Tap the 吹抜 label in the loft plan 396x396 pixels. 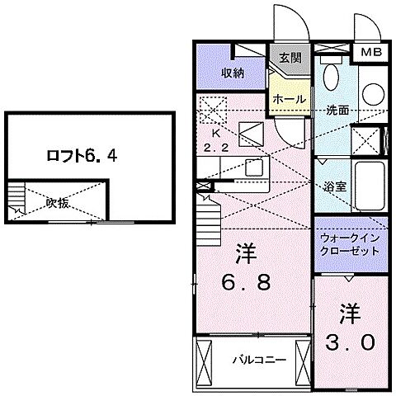[x=57, y=202]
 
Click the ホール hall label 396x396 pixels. [x=290, y=98]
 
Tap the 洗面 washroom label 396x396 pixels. [x=336, y=110]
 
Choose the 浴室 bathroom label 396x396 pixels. [x=334, y=186]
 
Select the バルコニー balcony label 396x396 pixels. [x=252, y=359]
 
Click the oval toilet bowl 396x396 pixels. [x=332, y=78]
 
